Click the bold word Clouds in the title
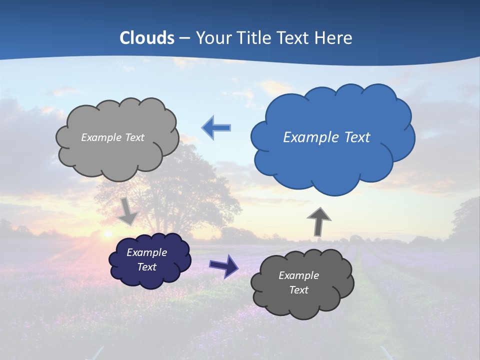[x=147, y=38]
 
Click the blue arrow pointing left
[x=216, y=128]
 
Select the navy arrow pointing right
[x=224, y=265]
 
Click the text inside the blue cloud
[x=326, y=137]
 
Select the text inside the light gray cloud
[x=112, y=137]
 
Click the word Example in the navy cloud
[x=146, y=252]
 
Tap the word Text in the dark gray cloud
[x=298, y=290]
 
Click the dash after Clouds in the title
[x=184, y=38]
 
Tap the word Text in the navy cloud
[x=146, y=267]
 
